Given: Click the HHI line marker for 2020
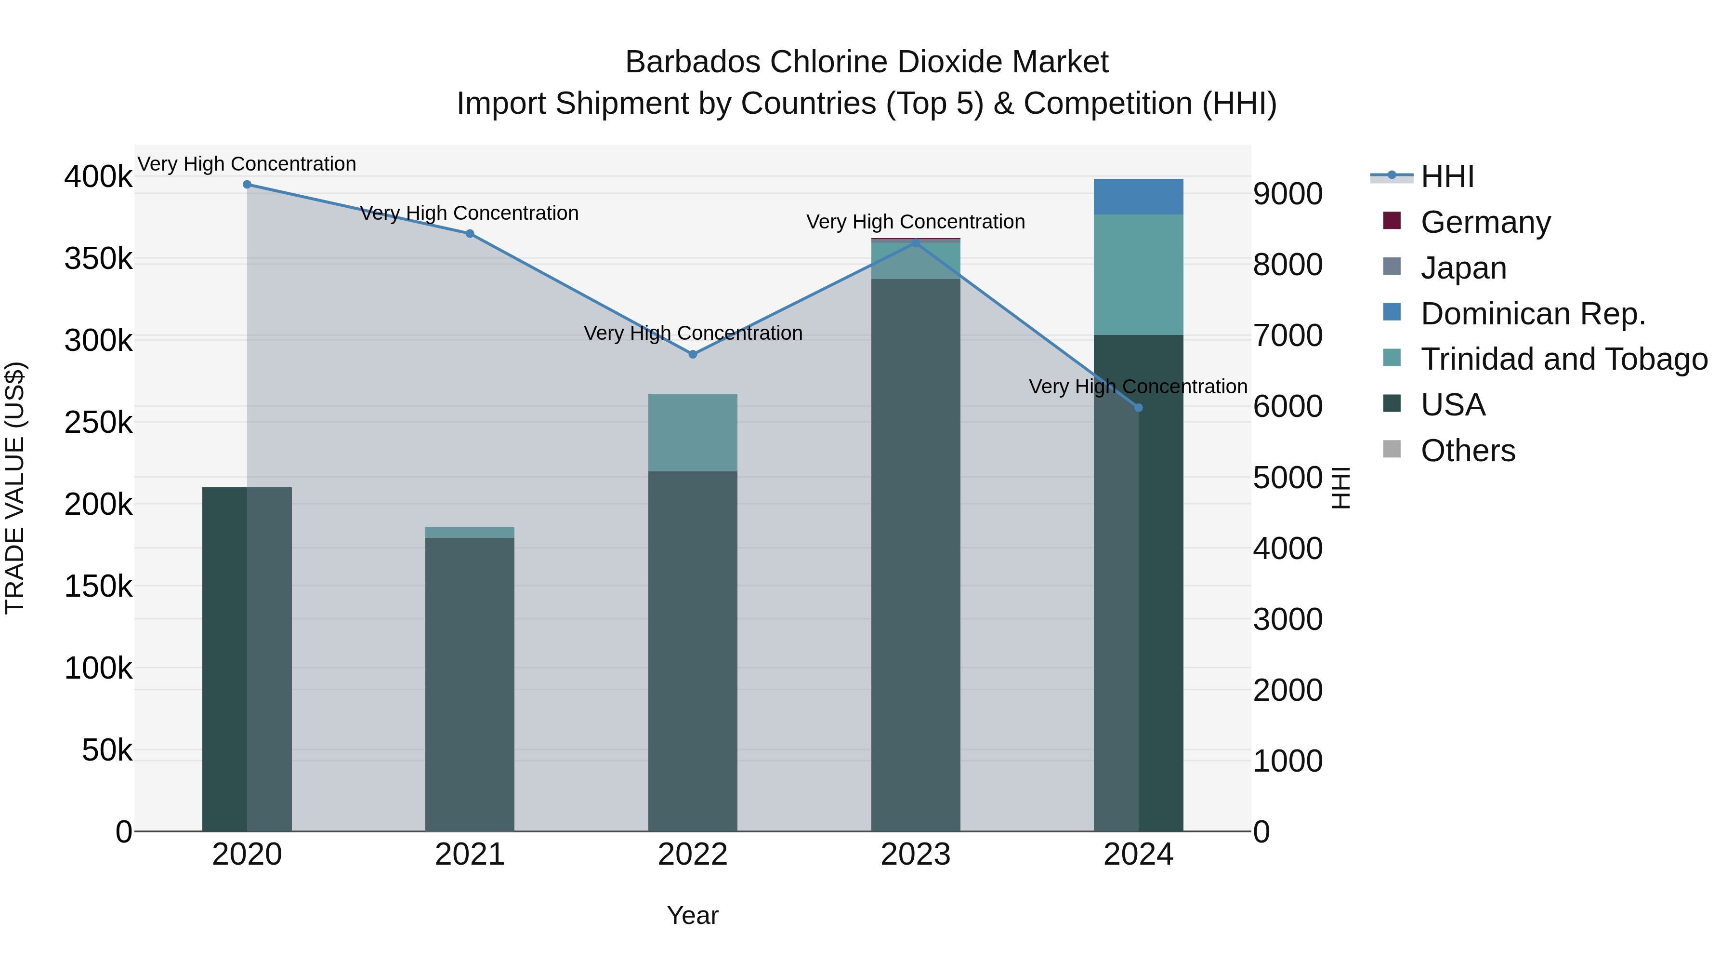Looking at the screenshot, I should [247, 185].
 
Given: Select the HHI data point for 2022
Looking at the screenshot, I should [693, 354].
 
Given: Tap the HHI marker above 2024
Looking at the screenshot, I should [1138, 407].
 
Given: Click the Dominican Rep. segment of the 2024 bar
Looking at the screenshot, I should [1138, 197].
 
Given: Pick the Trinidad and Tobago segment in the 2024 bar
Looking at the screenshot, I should [1138, 275].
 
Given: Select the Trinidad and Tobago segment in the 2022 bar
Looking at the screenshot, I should [693, 432].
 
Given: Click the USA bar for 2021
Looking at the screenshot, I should [470, 683].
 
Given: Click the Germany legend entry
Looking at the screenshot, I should [1485, 222].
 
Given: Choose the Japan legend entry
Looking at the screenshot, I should [1463, 268].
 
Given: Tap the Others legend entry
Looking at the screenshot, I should [1468, 451].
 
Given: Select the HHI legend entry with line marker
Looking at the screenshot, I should [1447, 176].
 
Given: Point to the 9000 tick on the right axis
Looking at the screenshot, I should [1287, 194].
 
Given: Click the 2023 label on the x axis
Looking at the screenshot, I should [916, 855].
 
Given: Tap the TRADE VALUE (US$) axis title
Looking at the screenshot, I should [15, 488].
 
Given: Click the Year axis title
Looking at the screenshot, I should [693, 915].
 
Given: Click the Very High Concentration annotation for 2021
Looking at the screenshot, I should [469, 213].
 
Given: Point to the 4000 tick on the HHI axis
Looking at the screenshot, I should [1287, 548].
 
